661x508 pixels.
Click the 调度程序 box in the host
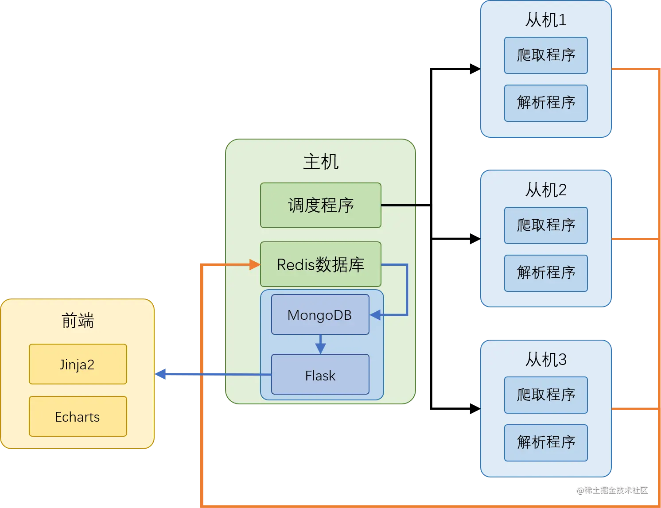[x=320, y=205]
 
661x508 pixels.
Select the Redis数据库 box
[x=320, y=264]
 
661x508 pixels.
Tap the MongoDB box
[x=320, y=315]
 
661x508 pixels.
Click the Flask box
[x=320, y=375]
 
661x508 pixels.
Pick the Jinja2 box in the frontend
[x=78, y=364]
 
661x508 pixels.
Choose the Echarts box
[x=78, y=416]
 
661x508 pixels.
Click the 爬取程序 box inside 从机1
[x=546, y=55]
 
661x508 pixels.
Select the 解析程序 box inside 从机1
[x=546, y=103]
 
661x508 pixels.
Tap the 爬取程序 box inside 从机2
[x=546, y=225]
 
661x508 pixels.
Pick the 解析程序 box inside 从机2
[x=546, y=273]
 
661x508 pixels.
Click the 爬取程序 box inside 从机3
[x=546, y=395]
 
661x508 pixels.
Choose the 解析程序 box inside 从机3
[x=546, y=443]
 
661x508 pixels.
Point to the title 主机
[x=321, y=162]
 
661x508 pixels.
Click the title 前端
[x=78, y=321]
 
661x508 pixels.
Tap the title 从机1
[x=546, y=20]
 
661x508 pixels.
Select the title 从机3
[x=546, y=360]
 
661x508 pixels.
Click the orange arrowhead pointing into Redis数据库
[x=255, y=265]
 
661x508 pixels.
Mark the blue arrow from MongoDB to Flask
[x=320, y=345]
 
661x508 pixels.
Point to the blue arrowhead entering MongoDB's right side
[x=375, y=315]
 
